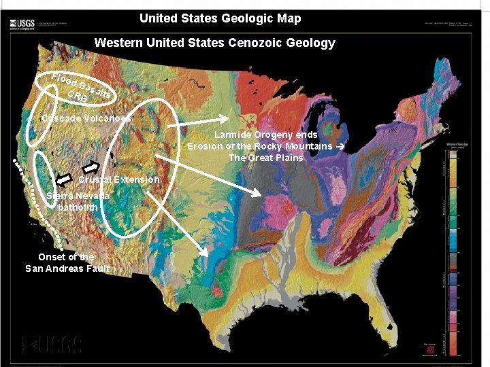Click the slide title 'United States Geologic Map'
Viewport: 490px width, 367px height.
pos(220,18)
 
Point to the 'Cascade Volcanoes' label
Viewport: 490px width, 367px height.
pos(86,118)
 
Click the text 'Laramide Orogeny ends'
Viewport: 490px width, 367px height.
pos(266,135)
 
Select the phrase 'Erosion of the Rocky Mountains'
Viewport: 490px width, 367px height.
pos(259,146)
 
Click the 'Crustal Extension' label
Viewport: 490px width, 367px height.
pos(118,179)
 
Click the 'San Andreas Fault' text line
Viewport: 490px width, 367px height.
pos(67,268)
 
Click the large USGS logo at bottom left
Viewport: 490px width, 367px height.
pos(52,345)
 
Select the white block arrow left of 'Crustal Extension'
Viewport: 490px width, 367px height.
pos(64,179)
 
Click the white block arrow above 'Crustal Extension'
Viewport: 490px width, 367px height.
pos(91,166)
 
